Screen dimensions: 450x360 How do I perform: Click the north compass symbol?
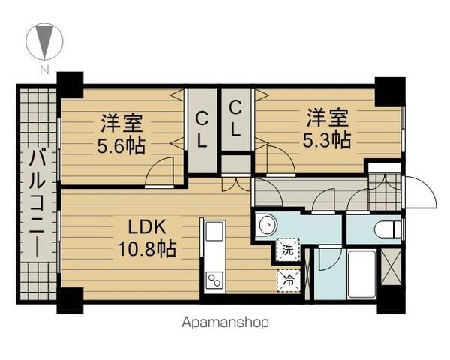[44, 42]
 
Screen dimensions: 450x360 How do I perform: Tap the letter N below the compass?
[44, 70]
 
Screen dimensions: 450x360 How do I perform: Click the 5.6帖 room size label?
[121, 146]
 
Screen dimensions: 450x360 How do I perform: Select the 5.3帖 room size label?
[327, 139]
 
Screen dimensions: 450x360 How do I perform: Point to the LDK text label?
[147, 226]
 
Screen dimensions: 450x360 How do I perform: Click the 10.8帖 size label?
[147, 248]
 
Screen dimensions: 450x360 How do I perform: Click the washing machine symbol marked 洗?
[288, 250]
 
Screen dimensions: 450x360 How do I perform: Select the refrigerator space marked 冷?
[289, 280]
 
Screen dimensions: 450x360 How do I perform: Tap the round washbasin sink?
[268, 225]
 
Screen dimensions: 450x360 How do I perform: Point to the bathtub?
[361, 274]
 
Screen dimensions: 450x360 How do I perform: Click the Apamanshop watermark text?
[225, 322]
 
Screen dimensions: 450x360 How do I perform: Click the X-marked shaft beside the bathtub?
[391, 267]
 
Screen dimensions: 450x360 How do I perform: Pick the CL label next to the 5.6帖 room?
[202, 130]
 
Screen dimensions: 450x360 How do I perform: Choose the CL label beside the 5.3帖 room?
[235, 119]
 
